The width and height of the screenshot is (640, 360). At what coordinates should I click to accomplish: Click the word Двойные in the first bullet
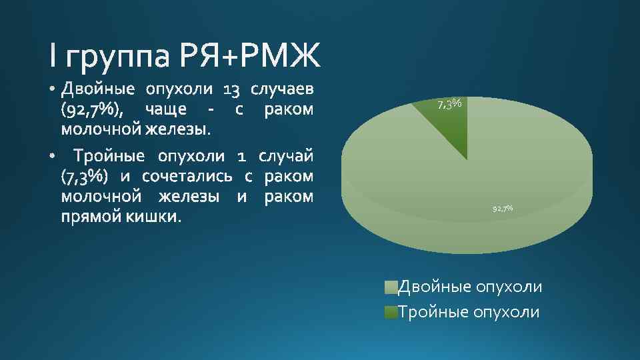coord(97,89)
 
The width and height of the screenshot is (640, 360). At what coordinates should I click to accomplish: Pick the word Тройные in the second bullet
coord(109,156)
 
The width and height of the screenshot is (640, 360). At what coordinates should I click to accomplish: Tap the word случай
coord(285,156)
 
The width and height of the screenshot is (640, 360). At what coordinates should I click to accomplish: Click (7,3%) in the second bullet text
coord(83,176)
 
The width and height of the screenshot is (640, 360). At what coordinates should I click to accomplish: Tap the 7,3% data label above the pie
coord(450,104)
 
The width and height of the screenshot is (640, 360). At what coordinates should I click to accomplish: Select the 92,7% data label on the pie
coord(503,209)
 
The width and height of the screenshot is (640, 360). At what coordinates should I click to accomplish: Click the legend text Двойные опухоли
coord(470,287)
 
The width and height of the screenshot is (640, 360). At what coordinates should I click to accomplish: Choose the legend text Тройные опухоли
coord(469,312)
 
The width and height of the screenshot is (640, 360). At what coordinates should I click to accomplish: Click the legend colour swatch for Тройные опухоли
coord(391,312)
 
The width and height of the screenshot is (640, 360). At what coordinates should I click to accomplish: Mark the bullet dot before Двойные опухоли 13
coord(53,89)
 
